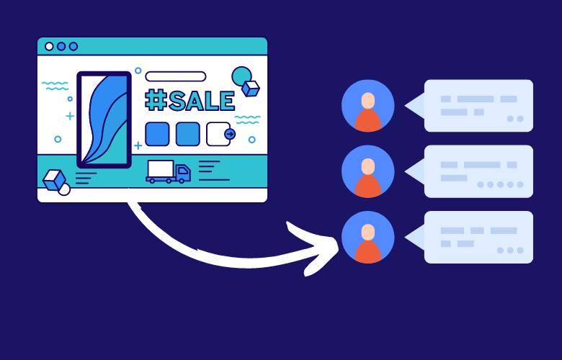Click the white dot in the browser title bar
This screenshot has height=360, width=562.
pos(49,46)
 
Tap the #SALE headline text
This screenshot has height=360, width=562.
pos(190,101)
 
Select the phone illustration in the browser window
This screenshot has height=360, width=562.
pos(104,120)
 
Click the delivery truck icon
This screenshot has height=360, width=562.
pos(168,171)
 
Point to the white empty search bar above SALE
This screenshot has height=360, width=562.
pos(175,76)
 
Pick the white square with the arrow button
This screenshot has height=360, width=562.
pos(219,134)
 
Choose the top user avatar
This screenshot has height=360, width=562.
pos(367,106)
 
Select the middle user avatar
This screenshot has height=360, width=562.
pos(367,171)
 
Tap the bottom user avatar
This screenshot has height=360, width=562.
pos(367,237)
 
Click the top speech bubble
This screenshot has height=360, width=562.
pos(478,106)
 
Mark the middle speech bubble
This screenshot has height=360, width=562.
pos(478,171)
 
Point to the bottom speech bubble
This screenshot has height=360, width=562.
pos(478,237)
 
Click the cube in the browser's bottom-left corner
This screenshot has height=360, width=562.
pos(54,180)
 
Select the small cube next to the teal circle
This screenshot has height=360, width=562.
pos(250,89)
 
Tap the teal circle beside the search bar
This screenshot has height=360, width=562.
pos(241,76)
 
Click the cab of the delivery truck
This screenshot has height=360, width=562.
pos(182,172)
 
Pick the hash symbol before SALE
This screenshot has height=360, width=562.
pos(156,101)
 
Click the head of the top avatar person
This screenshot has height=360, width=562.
pos(367,100)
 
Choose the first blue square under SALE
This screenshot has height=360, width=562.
pos(157,134)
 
